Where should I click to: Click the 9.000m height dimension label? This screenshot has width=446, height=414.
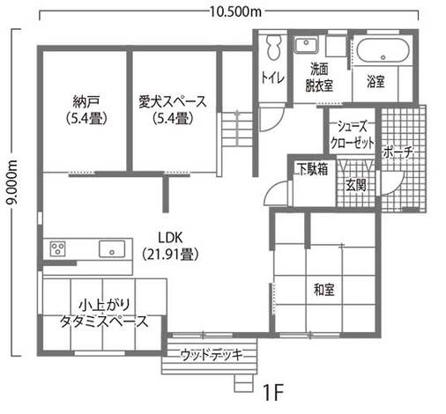[11, 189]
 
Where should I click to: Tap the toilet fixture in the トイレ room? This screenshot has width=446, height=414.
[272, 46]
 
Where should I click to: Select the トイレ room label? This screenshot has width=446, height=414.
[271, 78]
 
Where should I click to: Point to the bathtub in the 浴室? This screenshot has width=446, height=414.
[380, 51]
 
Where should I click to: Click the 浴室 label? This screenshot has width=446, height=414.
[376, 82]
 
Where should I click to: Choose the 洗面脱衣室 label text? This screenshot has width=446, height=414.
[319, 77]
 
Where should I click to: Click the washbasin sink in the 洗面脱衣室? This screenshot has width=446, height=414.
[308, 46]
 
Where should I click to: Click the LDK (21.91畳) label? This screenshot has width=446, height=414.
[169, 246]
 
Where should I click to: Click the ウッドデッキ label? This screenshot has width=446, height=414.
[209, 355]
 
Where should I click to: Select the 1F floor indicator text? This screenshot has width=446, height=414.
[271, 391]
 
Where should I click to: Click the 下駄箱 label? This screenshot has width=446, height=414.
[312, 167]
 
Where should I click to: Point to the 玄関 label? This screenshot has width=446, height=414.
[356, 185]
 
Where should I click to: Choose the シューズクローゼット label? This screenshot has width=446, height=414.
[353, 135]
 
